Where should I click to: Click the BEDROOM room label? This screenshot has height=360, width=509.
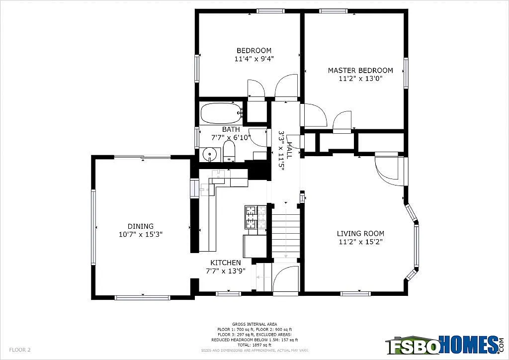click(x=254, y=50)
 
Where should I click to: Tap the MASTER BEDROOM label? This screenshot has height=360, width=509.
click(x=360, y=70)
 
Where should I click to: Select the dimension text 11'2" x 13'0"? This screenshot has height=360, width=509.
click(x=360, y=78)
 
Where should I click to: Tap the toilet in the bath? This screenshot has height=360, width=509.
click(x=229, y=151)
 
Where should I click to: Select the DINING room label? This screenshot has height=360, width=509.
click(x=140, y=226)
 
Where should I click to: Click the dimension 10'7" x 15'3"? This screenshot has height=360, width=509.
click(x=140, y=234)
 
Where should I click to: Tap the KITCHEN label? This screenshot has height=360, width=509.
click(x=225, y=263)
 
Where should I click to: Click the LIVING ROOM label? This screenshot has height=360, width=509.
click(x=360, y=233)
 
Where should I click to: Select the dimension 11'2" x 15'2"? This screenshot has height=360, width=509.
click(x=360, y=242)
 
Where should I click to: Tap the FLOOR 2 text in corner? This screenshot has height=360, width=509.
click(x=20, y=350)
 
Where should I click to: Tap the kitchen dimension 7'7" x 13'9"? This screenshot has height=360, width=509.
click(x=225, y=271)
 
